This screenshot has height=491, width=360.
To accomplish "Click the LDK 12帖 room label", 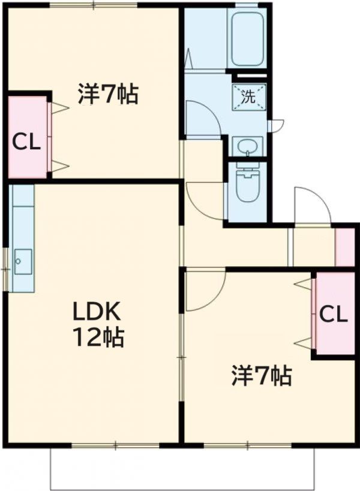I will click(x=98, y=324).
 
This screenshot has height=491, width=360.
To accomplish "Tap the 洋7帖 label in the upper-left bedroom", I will click(x=108, y=94).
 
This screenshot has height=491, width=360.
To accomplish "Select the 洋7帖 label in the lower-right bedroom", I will click(x=262, y=376).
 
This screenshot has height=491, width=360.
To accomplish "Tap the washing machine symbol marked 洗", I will click(x=248, y=95).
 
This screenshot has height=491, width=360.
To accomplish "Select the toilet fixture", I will click(x=247, y=183).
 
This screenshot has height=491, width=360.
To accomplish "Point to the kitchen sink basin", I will click(x=23, y=261).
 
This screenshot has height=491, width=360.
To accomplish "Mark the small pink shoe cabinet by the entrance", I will click(x=344, y=246).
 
